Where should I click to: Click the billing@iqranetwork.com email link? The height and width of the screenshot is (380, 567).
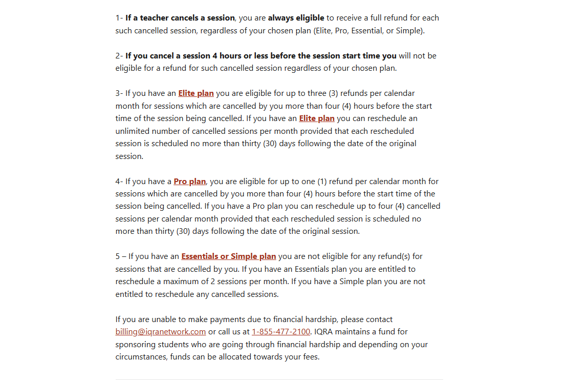tap(161, 332)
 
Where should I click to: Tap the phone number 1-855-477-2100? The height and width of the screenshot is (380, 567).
tap(281, 332)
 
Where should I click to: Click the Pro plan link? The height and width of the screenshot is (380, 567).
tap(190, 182)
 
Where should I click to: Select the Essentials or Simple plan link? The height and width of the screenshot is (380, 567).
tap(229, 256)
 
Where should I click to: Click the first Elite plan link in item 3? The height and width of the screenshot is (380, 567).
tap(196, 93)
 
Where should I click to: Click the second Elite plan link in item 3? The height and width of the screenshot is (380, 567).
tap(317, 118)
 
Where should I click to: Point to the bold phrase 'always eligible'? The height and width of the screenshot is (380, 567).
tap(296, 18)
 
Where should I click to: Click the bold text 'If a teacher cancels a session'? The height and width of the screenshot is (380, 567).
tap(180, 18)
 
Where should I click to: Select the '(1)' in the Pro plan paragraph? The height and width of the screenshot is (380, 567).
tap(322, 182)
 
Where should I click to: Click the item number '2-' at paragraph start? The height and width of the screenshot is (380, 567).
tap(119, 56)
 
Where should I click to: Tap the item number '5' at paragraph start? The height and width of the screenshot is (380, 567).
tap(118, 256)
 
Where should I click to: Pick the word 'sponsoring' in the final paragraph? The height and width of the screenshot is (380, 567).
tap(135, 345)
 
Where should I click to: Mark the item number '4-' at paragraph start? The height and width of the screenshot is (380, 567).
tap(119, 182)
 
